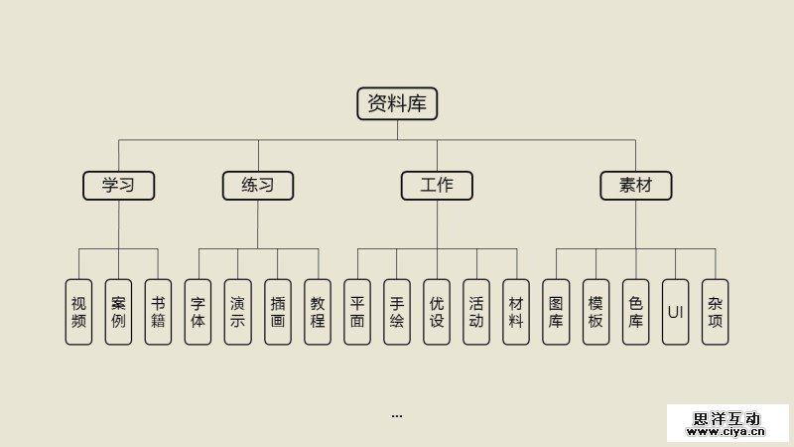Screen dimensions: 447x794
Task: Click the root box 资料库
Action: (397, 103)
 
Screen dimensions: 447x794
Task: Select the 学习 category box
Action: (119, 185)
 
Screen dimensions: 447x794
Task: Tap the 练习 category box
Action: (258, 185)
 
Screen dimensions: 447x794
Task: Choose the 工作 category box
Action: (437, 185)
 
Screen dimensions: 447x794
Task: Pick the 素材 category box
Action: (635, 185)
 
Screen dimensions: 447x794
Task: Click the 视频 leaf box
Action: (79, 312)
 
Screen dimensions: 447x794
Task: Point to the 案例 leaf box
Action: (119, 312)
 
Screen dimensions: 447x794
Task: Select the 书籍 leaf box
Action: (159, 312)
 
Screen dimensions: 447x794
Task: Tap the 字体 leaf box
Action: (198, 312)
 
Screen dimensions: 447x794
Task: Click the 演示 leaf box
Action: (238, 312)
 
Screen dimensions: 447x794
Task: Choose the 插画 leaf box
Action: (278, 312)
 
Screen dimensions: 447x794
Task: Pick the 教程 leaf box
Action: (318, 312)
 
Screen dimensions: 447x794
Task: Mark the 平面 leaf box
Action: (357, 312)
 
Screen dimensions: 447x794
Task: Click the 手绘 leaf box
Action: (397, 312)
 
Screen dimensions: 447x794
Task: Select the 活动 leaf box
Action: (476, 312)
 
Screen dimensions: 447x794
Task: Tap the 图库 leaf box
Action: (556, 312)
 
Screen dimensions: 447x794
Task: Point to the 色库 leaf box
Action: (635, 312)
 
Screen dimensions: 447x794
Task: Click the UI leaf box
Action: (675, 312)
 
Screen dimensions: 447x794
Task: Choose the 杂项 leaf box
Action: (715, 312)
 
